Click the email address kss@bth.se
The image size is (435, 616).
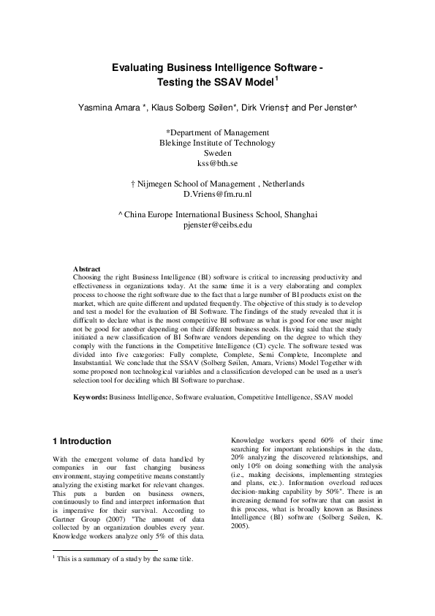click(218, 165)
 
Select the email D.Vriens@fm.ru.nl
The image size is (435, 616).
click(218, 195)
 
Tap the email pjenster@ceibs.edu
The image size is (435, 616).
click(218, 225)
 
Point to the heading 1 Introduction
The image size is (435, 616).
click(83, 441)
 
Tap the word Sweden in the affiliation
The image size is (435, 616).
click(218, 154)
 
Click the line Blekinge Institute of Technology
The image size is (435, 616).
click(218, 143)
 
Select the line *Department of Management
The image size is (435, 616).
click(218, 132)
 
